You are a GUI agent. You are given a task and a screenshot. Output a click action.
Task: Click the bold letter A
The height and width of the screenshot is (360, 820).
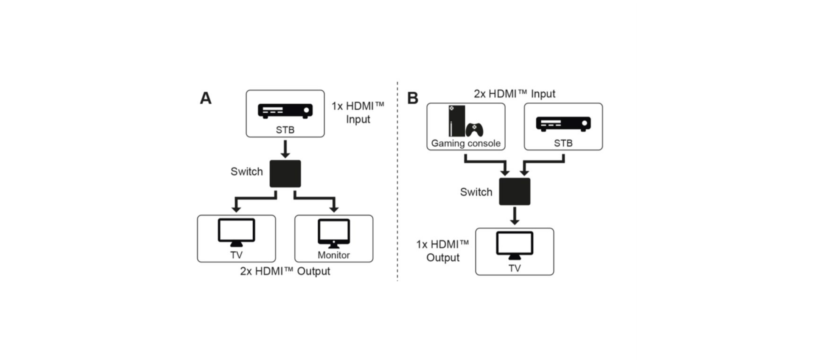click(x=205, y=98)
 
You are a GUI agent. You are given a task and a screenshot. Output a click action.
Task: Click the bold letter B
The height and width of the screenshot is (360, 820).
click(x=412, y=98)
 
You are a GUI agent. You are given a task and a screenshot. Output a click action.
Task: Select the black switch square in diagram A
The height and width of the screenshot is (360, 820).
click(x=285, y=174)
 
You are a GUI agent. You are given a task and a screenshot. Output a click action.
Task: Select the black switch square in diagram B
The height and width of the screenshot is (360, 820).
click(x=514, y=192)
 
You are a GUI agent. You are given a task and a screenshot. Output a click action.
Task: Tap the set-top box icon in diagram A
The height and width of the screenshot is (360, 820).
click(x=285, y=111)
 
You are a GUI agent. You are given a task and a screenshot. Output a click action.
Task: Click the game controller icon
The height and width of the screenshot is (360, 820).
click(x=474, y=130)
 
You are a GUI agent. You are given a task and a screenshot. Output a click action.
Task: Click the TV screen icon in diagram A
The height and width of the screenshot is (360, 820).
click(x=236, y=232)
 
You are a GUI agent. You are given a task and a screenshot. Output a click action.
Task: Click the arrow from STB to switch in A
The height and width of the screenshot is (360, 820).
click(x=285, y=149)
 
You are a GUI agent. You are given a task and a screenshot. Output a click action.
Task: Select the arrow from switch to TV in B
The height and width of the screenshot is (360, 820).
click(x=514, y=216)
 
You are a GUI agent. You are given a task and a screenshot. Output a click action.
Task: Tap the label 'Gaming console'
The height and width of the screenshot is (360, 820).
click(x=466, y=143)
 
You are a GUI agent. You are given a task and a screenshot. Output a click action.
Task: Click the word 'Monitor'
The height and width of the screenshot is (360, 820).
click(x=334, y=255)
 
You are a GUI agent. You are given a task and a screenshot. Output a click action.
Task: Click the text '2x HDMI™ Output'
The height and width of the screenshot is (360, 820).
click(x=285, y=271)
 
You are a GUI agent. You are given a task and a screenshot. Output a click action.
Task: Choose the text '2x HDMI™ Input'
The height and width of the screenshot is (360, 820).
click(x=514, y=94)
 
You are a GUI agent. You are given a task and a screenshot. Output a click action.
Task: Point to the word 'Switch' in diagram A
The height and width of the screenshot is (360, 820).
click(x=247, y=172)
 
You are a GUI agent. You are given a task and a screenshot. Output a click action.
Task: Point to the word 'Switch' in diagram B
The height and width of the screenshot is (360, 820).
click(x=476, y=192)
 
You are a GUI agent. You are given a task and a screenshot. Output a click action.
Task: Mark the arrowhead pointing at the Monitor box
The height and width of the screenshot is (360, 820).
click(x=334, y=209)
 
